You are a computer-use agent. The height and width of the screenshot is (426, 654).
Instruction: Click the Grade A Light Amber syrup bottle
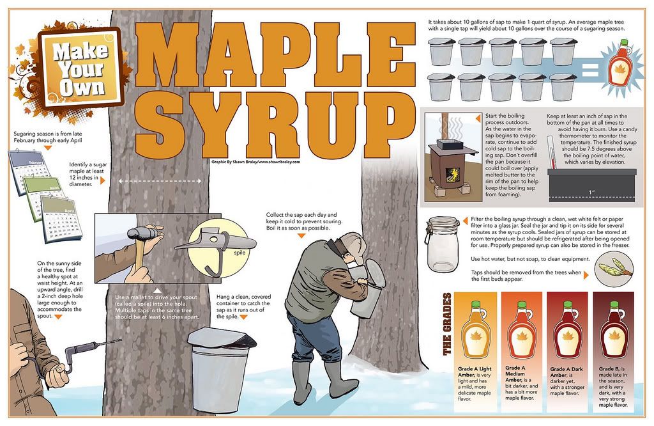pos(475,330)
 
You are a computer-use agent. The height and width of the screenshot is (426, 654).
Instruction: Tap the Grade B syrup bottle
pos(614,330)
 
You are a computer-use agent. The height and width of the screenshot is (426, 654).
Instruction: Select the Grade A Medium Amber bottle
pos(521,330)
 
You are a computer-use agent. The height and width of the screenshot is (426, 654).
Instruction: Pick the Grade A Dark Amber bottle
pos(567,330)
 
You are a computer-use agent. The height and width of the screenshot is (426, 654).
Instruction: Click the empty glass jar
pos(443,244)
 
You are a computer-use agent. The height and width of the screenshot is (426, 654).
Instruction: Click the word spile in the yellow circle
pos(240,252)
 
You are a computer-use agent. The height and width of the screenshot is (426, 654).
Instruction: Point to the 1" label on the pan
pos(591,193)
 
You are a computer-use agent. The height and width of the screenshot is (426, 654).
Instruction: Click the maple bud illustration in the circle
pos(614,269)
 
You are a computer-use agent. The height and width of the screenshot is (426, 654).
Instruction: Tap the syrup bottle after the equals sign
pos(619,62)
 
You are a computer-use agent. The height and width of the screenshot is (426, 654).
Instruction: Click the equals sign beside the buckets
pos(590,70)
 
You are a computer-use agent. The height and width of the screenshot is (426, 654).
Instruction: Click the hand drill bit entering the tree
pos(109,342)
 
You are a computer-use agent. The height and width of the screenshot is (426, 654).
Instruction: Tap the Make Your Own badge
pos(80,68)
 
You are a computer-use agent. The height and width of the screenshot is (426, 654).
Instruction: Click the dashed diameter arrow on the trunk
pos(160,181)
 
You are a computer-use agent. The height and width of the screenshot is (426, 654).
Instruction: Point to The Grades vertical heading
pos(446,324)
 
